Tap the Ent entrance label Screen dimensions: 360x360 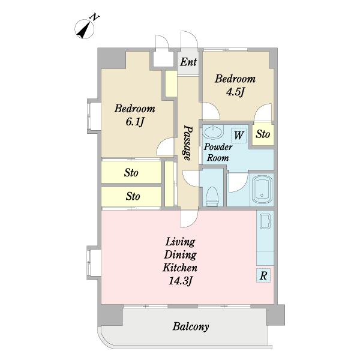coord(188,62)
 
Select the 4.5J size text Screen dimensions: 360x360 coord(235,92)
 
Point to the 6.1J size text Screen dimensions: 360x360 coord(134,122)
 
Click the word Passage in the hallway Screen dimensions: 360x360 coord(188,143)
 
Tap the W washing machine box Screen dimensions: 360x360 coord(239,136)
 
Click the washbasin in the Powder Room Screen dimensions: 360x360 coord(213,132)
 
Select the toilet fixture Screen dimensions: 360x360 coord(212,196)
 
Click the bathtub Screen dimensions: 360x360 coord(262,190)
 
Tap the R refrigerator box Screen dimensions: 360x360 coord(263,275)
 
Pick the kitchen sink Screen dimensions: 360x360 coord(265,221)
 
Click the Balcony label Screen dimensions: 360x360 coord(191,326)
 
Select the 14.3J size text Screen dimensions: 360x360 coord(180,281)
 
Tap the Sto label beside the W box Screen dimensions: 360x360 coord(263,134)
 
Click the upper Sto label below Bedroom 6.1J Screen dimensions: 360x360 coord(131,173)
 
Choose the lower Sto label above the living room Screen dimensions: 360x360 coord(133,196)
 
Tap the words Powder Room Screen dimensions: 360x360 coord(218,152)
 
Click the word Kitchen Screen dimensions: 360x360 coord(180,268)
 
